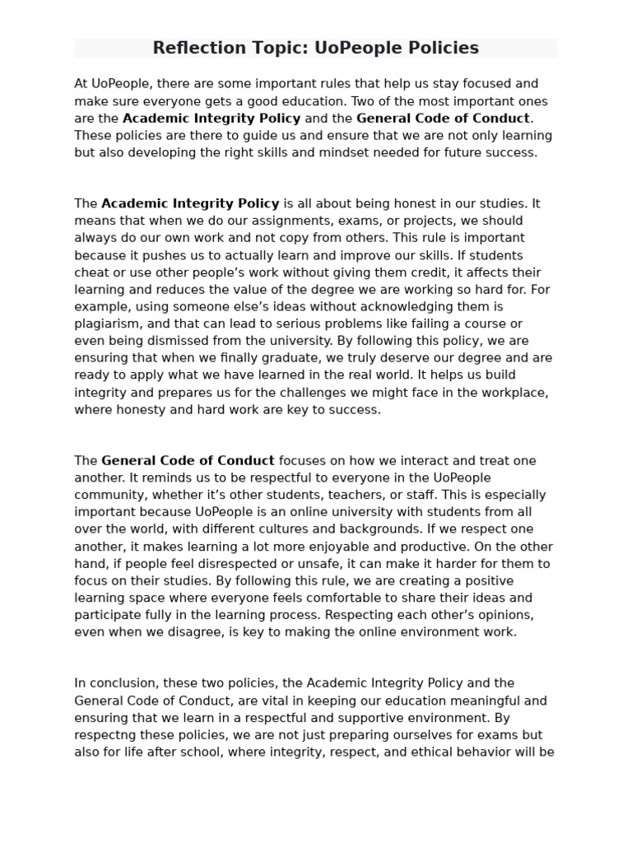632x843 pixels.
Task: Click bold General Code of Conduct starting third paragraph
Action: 188,460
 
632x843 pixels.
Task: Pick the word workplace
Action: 516,393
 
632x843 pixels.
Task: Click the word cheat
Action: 92,272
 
